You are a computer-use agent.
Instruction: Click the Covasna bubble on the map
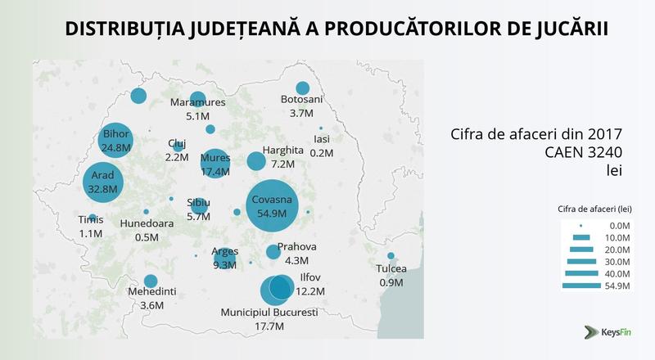(272, 206)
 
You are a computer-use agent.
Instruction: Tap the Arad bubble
(102, 182)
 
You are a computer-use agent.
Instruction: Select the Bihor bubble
(117, 139)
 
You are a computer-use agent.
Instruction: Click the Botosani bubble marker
(302, 88)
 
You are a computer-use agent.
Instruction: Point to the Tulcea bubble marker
(391, 256)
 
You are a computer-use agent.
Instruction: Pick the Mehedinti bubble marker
(151, 281)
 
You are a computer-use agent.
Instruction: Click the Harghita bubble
(256, 161)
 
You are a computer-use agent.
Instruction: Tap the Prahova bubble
(273, 252)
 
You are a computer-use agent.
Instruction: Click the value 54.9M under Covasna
(271, 214)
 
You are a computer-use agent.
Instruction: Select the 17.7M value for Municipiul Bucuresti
(269, 326)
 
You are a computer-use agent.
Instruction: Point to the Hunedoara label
(147, 223)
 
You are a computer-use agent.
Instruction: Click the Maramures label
(196, 102)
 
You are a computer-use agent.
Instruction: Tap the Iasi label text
(321, 139)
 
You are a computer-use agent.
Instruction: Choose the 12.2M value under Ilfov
(309, 291)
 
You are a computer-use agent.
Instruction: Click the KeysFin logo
(607, 332)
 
